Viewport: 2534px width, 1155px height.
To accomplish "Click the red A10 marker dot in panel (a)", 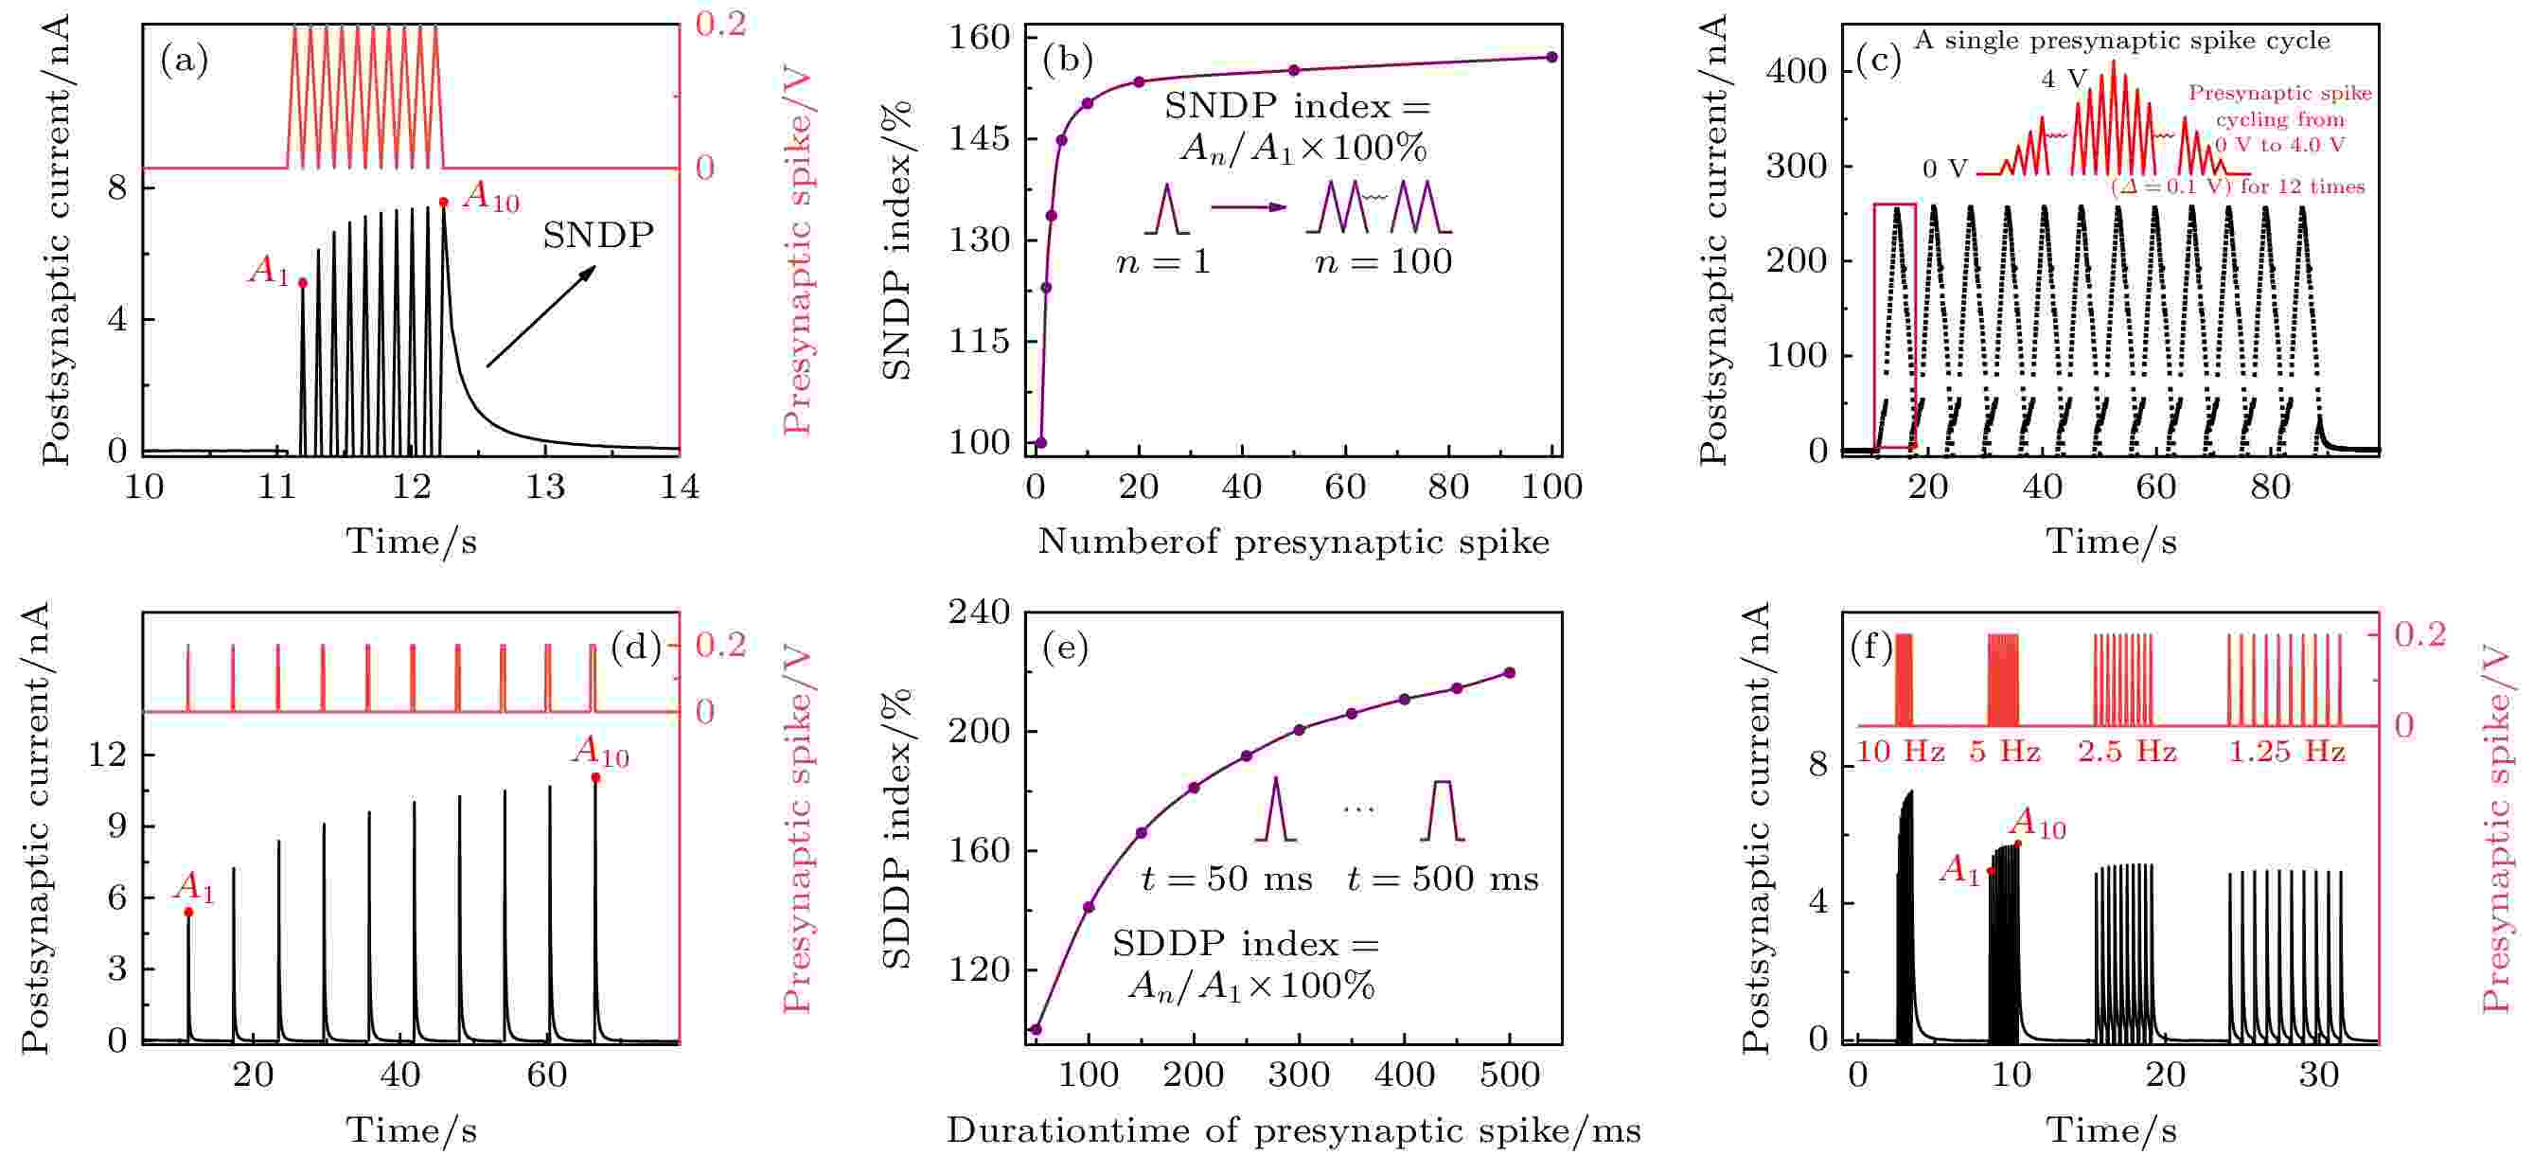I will coord(444,203).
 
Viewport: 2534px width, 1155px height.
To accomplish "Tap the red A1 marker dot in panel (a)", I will coord(303,283).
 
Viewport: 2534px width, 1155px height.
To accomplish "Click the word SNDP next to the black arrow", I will coord(598,236).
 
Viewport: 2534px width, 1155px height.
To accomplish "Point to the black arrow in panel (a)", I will coord(541,316).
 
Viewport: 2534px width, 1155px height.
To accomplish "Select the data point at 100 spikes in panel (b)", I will coord(1552,57).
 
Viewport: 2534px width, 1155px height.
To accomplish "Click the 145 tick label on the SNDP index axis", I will coord(980,139).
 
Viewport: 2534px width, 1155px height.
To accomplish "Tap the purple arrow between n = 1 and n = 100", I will coord(1249,207).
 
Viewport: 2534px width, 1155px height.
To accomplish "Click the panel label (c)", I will coord(1877,60).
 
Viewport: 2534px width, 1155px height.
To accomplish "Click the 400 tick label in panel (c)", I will coord(1797,72).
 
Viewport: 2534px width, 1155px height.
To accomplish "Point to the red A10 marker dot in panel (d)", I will coord(596,778).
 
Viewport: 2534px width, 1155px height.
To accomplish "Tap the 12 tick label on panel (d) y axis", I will coord(108,755).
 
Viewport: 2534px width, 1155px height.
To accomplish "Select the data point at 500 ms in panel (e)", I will coord(1510,673).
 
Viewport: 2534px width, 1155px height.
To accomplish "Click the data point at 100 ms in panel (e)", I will coord(1089,907).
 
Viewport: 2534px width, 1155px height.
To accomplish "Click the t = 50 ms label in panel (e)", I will coord(1227,879).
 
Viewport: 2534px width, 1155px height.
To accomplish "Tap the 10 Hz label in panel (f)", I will coord(1901,753).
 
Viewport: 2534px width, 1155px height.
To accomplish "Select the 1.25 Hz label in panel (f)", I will coord(2286,753).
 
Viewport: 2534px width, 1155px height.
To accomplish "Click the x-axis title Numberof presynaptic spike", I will coord(1294,542).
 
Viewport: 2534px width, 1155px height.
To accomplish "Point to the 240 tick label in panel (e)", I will coord(980,613).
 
